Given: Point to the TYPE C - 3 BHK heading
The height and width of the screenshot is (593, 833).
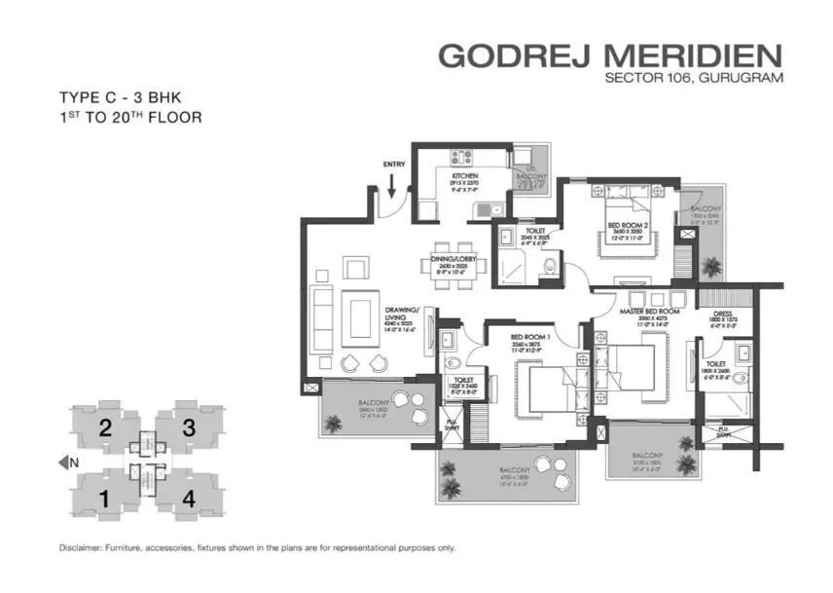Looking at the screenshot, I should tap(117, 97).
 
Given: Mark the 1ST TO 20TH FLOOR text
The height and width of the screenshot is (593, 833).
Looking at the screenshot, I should tap(129, 118).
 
